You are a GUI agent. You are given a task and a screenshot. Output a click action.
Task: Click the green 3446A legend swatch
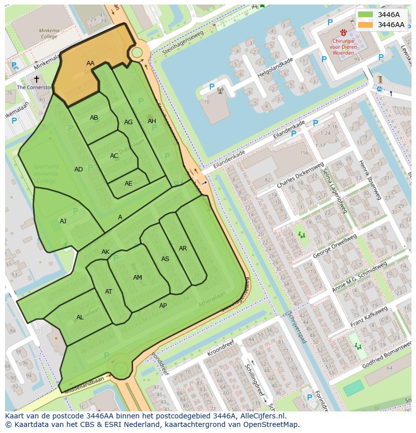(x=366, y=15)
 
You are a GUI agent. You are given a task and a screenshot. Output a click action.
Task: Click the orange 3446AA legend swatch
(x=366, y=25)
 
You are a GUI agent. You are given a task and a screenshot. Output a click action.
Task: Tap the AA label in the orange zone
(x=90, y=63)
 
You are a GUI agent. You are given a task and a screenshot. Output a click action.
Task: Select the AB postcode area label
(x=94, y=118)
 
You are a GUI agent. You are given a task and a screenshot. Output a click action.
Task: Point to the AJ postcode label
(x=63, y=221)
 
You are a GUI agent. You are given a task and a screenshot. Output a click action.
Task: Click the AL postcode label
(x=80, y=317)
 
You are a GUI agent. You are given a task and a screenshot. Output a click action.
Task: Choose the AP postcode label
(x=163, y=306)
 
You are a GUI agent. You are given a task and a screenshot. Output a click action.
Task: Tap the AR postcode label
(x=183, y=248)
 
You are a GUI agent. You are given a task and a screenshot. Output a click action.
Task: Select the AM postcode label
(x=138, y=278)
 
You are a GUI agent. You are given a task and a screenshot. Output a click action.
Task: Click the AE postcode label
(x=129, y=184)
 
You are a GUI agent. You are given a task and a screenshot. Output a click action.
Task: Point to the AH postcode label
(x=152, y=121)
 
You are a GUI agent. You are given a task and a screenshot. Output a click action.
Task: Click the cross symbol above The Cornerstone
(x=36, y=79)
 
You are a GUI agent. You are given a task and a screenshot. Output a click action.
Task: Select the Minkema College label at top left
(x=49, y=34)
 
